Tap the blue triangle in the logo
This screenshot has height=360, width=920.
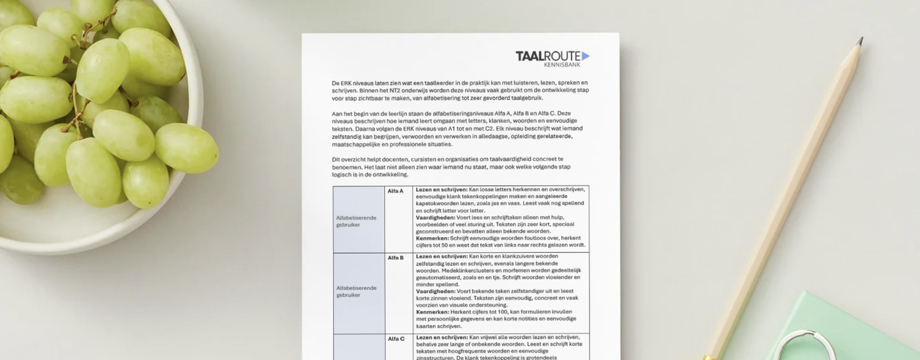(586, 56)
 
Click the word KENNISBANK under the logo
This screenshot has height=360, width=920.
(562, 64)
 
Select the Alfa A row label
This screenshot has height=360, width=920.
(396, 191)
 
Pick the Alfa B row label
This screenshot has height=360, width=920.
(396, 258)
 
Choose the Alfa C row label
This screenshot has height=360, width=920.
(396, 339)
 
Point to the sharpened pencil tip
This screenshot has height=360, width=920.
(860, 41)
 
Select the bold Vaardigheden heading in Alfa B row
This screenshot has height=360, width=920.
(435, 291)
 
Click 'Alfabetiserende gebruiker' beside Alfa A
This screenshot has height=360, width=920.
(356, 220)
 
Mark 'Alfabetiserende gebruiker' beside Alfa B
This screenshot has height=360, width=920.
(356, 291)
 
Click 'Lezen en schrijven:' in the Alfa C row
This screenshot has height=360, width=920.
(442, 338)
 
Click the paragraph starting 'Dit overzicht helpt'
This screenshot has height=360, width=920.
(447, 167)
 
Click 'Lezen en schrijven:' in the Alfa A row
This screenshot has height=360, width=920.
(442, 189)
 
